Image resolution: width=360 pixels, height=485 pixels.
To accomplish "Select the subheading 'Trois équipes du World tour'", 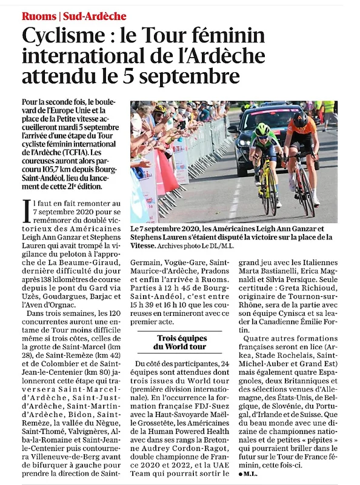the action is pyautogui.click(x=182, y=342).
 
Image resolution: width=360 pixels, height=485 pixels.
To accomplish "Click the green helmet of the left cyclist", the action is pyautogui.click(x=263, y=130).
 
